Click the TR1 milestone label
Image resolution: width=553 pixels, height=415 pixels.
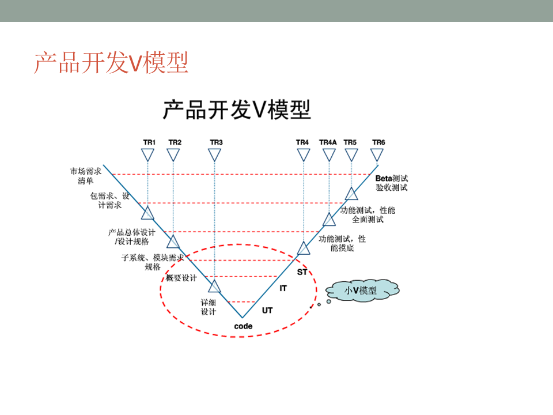pyautogui.click(x=149, y=142)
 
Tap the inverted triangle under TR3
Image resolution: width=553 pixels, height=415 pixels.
pyautogui.click(x=215, y=154)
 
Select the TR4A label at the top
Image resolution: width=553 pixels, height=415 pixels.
pyautogui.click(x=328, y=142)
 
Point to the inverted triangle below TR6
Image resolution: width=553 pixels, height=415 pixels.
pyautogui.click(x=377, y=154)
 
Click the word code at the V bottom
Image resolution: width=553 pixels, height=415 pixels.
pyautogui.click(x=243, y=326)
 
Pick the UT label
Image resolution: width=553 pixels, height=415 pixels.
pyautogui.click(x=267, y=310)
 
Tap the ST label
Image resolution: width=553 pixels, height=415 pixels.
pyautogui.click(x=302, y=271)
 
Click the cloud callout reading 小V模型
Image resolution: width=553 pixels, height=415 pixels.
pyautogui.click(x=361, y=291)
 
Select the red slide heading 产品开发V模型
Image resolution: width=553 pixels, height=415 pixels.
pyautogui.click(x=111, y=63)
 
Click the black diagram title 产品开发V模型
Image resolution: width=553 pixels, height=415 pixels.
pyautogui.click(x=236, y=110)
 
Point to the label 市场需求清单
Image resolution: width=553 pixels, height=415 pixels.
pyautogui.click(x=86, y=176)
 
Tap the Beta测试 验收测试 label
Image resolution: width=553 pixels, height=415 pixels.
pyautogui.click(x=392, y=183)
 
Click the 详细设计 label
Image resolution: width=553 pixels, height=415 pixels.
pyautogui.click(x=208, y=307)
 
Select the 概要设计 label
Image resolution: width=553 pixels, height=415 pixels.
pyautogui.click(x=181, y=278)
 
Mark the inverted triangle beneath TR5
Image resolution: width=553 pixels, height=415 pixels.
pyautogui.click(x=351, y=154)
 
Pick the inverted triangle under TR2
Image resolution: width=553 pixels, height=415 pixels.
pyautogui.click(x=173, y=154)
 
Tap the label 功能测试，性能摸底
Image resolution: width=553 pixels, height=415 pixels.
pyautogui.click(x=342, y=243)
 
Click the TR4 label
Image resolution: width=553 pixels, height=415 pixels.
pyautogui.click(x=302, y=142)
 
